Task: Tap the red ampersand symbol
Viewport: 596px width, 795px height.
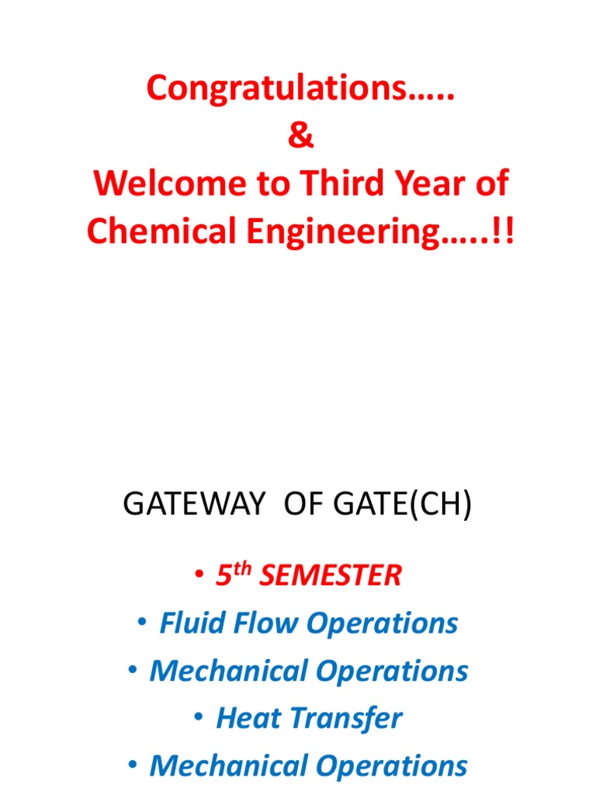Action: click(300, 137)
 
